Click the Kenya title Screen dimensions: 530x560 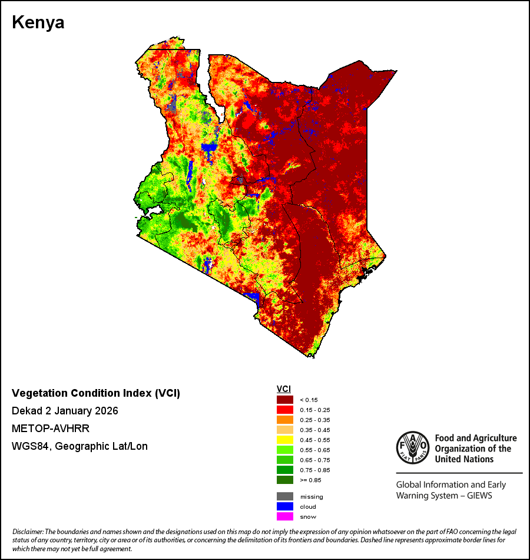tap(38, 22)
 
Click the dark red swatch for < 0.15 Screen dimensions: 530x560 tap(285, 400)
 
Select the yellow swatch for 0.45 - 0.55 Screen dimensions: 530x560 tap(285, 440)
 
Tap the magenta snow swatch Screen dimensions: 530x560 tap(285, 516)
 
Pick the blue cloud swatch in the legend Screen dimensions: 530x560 tap(285, 506)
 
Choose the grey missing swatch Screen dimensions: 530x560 tap(285, 496)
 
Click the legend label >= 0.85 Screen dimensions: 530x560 tap(310, 480)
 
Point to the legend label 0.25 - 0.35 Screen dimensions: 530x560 tap(315, 420)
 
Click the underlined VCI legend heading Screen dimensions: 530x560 tap(284, 389)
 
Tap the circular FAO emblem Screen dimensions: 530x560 tap(413, 447)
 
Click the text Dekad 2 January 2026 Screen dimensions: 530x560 tap(65, 411)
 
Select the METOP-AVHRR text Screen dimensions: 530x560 tap(51, 428)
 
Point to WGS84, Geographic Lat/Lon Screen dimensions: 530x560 tap(79, 446)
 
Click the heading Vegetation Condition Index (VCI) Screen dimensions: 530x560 tap(96, 393)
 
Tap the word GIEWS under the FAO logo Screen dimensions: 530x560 tap(479, 496)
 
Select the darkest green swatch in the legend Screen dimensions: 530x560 tap(285, 480)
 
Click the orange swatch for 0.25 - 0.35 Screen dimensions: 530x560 tap(285, 420)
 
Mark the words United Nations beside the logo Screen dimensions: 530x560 tap(464, 459)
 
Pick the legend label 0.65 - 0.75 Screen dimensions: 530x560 tap(315, 460)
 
